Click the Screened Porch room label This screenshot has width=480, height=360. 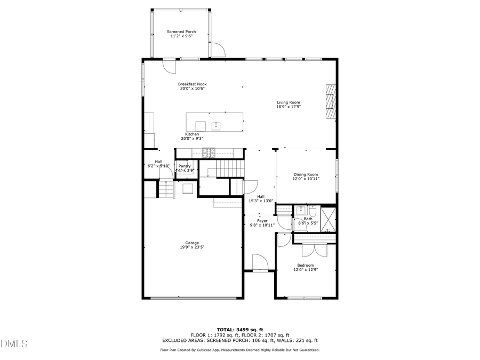tap(181, 31)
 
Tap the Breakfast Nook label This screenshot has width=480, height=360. tap(192, 84)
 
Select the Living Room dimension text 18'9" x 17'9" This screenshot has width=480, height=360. tap(288, 107)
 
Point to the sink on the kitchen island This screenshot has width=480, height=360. tap(216, 126)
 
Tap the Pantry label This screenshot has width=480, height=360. tap(185, 166)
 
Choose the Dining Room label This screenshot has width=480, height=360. tap(306, 174)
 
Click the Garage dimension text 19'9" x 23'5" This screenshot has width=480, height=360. tap(192, 247)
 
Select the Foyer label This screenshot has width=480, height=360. tap(262, 221)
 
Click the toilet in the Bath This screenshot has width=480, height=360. tap(313, 210)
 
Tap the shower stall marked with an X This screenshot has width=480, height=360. tap(328, 219)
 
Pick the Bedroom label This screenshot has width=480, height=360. tap(306, 265)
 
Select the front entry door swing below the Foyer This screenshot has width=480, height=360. tap(260, 263)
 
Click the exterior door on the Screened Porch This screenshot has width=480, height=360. tap(217, 50)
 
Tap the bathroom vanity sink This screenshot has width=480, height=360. tap(300, 210)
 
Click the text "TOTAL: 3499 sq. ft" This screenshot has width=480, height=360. tap(239, 330)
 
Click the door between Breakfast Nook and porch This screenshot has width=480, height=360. tap(169, 66)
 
